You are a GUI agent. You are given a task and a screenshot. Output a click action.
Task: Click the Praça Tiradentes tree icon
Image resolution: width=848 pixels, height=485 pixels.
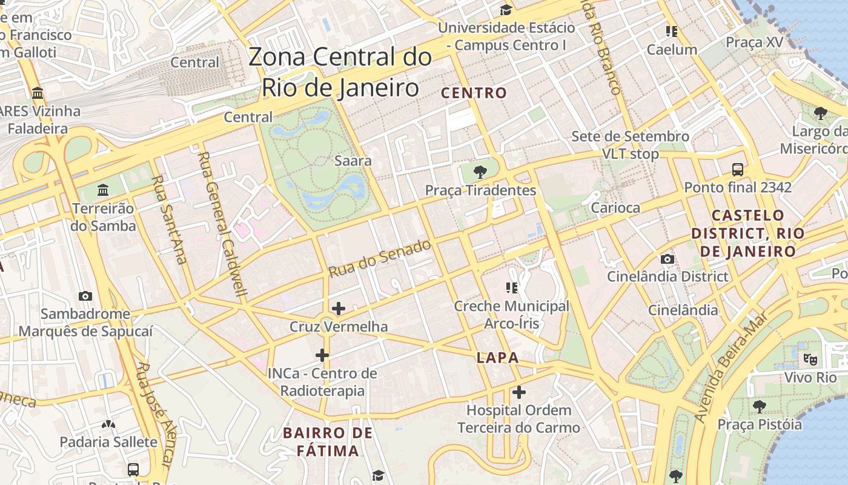click(480, 172)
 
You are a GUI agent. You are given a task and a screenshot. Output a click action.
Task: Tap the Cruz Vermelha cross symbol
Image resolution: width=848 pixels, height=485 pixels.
click(339, 309)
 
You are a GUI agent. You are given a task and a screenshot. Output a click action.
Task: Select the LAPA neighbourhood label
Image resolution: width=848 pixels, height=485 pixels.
click(497, 358)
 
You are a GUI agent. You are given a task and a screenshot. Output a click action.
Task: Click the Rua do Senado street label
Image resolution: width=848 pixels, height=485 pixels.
click(380, 259)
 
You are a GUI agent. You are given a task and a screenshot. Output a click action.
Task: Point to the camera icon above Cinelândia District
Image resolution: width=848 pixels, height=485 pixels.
click(667, 259)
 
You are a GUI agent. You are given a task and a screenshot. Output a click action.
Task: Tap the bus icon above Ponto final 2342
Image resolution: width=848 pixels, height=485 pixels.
click(738, 170)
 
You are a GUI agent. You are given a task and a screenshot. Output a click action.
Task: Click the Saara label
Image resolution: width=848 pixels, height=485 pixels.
click(353, 161)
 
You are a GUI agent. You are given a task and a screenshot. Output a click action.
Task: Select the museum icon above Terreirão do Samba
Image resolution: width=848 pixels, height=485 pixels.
click(103, 190)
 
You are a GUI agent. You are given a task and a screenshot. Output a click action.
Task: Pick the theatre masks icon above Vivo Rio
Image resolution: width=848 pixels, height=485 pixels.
click(810, 359)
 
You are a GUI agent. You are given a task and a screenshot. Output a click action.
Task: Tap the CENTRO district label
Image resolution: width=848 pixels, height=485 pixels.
click(474, 93)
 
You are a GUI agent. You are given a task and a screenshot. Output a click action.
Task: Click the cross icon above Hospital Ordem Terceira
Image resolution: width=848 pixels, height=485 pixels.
click(518, 392)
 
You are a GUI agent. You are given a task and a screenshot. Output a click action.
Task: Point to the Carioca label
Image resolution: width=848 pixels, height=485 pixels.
click(615, 208)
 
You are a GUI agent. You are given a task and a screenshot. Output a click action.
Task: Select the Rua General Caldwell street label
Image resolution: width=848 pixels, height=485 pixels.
click(223, 224)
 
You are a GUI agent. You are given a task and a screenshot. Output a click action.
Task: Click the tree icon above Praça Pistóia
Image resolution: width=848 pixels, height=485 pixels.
click(760, 406)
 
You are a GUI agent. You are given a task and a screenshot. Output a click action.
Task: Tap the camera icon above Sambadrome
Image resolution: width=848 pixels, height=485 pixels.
click(85, 296)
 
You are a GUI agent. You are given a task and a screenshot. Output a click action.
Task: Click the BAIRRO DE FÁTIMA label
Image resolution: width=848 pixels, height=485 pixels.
click(328, 442)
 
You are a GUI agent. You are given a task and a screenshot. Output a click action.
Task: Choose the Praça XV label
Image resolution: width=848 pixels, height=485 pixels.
click(754, 42)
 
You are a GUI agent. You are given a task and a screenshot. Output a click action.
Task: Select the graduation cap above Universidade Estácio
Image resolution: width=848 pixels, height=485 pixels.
click(506, 10)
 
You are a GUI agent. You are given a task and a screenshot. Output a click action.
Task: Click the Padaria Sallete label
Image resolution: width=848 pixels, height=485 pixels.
click(108, 441)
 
